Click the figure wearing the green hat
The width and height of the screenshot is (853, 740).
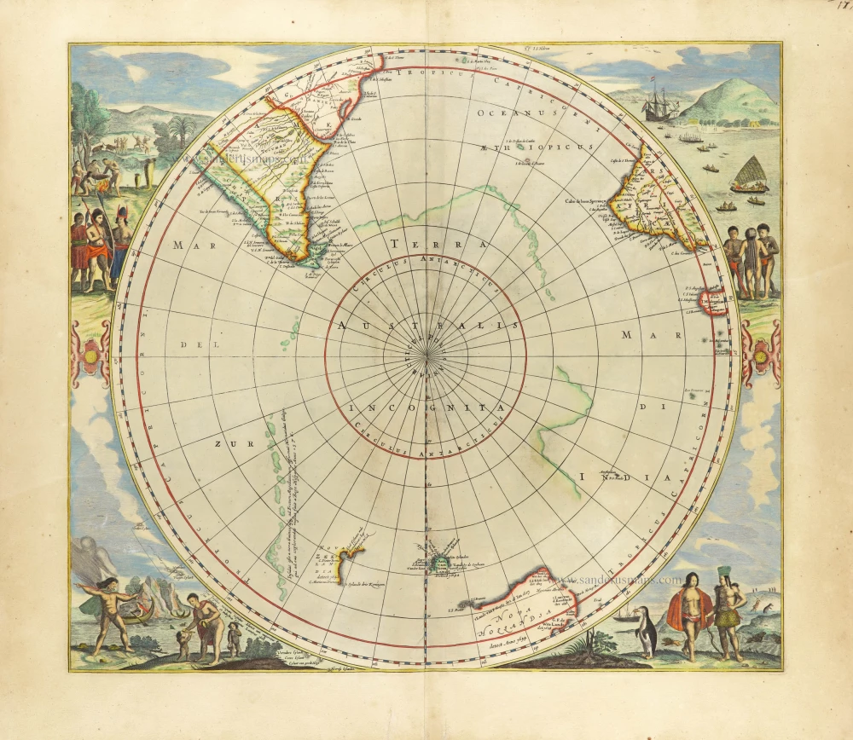coord(727,610)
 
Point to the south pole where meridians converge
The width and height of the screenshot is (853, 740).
coord(426,356)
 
